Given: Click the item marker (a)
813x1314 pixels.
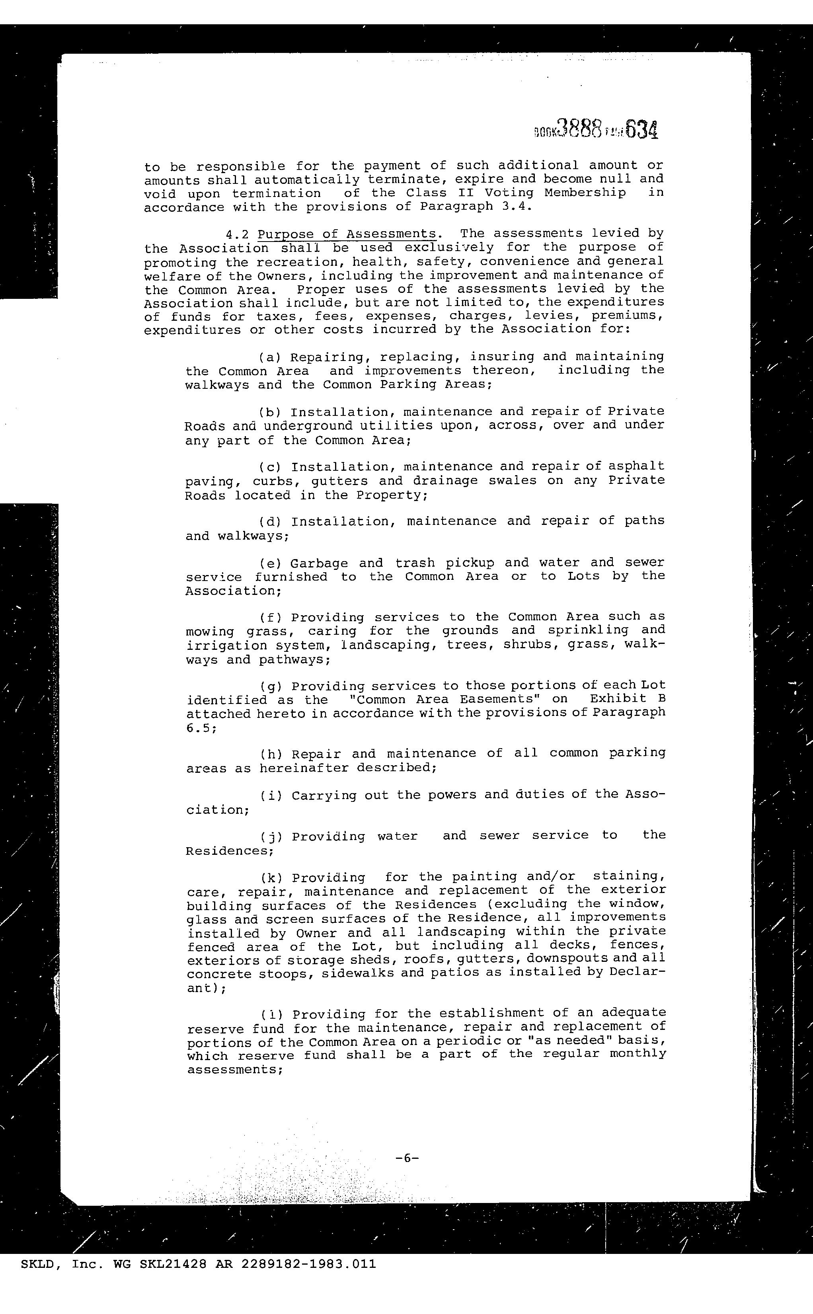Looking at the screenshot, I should [268, 357].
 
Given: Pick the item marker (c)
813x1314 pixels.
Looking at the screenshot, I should [268, 467].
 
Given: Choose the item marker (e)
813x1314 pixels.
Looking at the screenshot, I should [268, 563].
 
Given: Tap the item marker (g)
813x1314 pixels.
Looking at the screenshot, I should [269, 686].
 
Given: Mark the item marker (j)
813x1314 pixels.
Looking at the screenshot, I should [269, 836].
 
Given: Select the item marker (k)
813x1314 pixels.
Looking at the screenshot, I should [269, 878].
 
